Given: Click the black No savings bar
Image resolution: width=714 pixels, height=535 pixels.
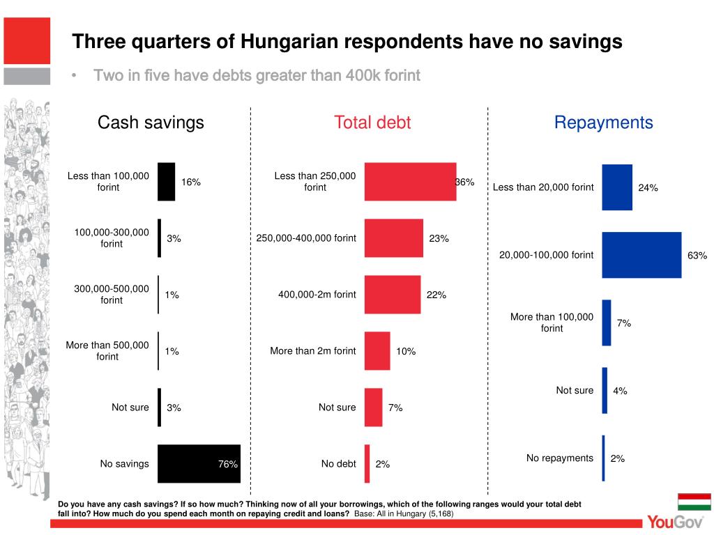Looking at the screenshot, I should coord(199,464).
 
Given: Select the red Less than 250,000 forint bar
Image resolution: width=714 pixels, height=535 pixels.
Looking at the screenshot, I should coord(410,182).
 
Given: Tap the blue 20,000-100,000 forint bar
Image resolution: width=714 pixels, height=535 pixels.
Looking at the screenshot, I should coord(641,255).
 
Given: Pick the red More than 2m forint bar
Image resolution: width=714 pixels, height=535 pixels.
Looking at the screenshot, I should coord(377,351).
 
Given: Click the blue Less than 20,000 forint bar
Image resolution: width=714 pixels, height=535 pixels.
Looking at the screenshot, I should coord(617,187).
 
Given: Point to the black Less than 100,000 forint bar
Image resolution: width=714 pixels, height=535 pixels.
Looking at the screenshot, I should coord(167,182).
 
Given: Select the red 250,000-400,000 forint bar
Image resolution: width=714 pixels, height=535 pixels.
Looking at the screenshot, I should coord(394,238).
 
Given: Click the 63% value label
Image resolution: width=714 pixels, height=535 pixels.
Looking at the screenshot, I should coord(697,256).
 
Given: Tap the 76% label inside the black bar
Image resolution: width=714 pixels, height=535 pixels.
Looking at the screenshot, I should coord(228,464).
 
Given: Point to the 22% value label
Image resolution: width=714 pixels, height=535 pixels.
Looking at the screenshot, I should coord(436,295).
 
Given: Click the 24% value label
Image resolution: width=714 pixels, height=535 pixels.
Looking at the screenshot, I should coord(648,187).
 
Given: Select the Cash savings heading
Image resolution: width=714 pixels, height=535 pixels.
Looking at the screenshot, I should coord(151,123).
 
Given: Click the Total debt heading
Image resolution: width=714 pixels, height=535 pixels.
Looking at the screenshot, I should coord(372,123).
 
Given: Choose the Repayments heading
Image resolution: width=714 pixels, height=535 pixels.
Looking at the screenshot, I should coord(603,123).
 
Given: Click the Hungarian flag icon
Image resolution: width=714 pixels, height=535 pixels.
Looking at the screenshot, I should coord(694,502).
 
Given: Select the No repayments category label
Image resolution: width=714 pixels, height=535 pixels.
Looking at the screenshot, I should coord(560,458).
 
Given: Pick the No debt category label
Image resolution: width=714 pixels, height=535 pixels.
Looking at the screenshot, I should coord(338,464).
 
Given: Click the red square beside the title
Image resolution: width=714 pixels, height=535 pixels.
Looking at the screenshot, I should coord(26,41).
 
